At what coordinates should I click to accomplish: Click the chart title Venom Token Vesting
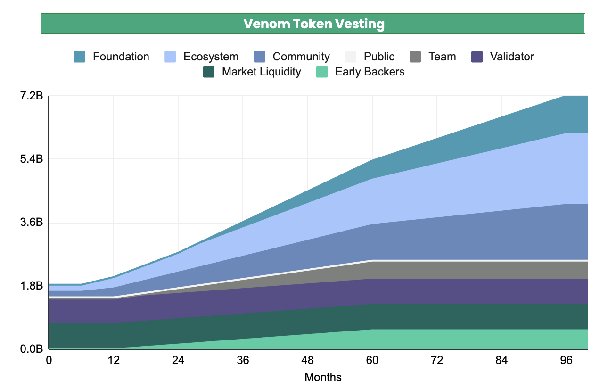point(313,24)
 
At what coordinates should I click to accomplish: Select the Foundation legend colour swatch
point(80,57)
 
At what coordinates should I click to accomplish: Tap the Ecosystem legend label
point(211,57)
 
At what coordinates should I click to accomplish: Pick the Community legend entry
point(301,57)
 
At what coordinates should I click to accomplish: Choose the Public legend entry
point(379,57)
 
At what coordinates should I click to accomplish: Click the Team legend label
point(442,57)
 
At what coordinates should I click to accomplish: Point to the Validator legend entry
point(511,57)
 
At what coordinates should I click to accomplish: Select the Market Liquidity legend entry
point(261,72)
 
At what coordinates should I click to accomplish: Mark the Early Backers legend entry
point(370,72)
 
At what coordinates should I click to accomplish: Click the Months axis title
point(323,376)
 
